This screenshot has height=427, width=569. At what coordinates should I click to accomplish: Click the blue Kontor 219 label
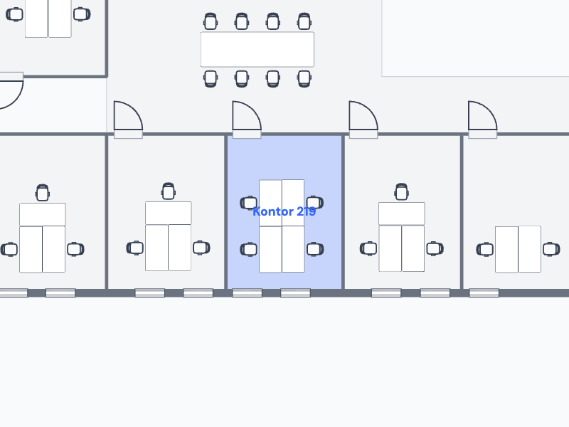284,211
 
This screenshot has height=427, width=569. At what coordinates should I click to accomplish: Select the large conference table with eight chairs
257,49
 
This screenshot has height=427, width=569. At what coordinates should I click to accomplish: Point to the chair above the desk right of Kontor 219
401,191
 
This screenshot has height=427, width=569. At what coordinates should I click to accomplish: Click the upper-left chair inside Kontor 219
249,203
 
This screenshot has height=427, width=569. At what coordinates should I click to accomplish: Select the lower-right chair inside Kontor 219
315,249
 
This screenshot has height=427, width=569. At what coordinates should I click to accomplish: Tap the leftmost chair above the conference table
211,21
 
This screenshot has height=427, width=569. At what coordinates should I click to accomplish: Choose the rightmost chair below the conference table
304,78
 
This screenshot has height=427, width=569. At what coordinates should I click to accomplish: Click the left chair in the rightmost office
485,250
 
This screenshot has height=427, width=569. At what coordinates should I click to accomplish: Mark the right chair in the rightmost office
551,249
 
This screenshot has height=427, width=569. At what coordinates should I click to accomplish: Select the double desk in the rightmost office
519,249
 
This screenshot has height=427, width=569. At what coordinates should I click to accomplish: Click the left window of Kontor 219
247,292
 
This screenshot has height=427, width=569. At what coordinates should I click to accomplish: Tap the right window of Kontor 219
295,292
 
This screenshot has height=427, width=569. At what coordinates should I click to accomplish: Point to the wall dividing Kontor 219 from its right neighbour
344,212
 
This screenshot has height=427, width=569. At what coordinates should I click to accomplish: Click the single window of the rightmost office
484,292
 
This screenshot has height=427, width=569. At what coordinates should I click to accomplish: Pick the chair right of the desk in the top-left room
82,14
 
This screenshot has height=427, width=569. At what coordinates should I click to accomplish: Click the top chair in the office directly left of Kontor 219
169,191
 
